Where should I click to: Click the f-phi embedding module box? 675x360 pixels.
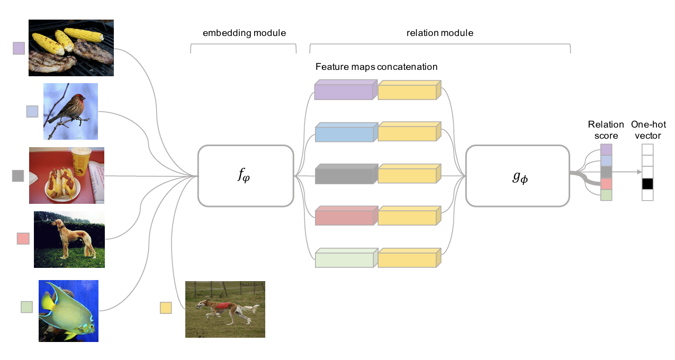click(x=246, y=175)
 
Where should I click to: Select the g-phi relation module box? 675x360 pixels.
click(x=517, y=175)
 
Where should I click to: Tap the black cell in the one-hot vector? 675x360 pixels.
click(x=647, y=184)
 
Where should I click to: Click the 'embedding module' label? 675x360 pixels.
click(x=244, y=33)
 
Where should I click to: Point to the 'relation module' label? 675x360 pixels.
click(x=439, y=33)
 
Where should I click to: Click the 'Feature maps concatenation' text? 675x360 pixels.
click(x=376, y=67)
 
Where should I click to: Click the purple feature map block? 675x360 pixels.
click(x=344, y=91)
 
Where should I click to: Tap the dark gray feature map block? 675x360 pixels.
click(x=344, y=175)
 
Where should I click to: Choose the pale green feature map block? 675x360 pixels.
click(x=344, y=259)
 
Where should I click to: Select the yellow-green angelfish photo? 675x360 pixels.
click(x=68, y=311)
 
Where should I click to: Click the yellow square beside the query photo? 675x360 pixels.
click(x=166, y=308)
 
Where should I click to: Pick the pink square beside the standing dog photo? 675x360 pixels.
click(x=23, y=238)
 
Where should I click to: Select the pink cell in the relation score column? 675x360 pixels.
click(x=606, y=184)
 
